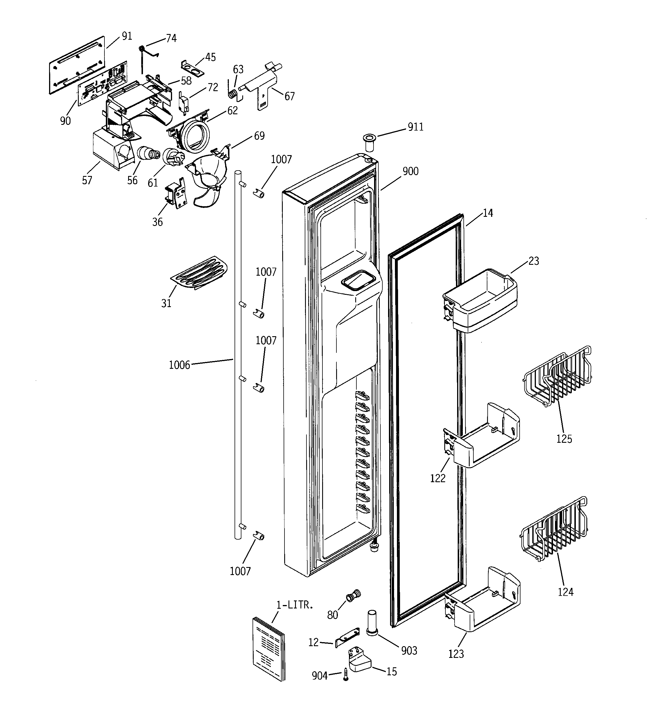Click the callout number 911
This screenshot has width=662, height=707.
[415, 127]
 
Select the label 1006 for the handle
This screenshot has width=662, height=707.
[179, 365]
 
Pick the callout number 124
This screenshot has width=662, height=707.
[565, 592]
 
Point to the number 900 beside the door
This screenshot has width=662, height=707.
[410, 171]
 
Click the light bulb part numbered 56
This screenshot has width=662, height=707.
[147, 154]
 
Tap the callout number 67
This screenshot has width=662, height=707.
[289, 96]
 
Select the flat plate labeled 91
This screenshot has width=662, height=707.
[76, 65]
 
